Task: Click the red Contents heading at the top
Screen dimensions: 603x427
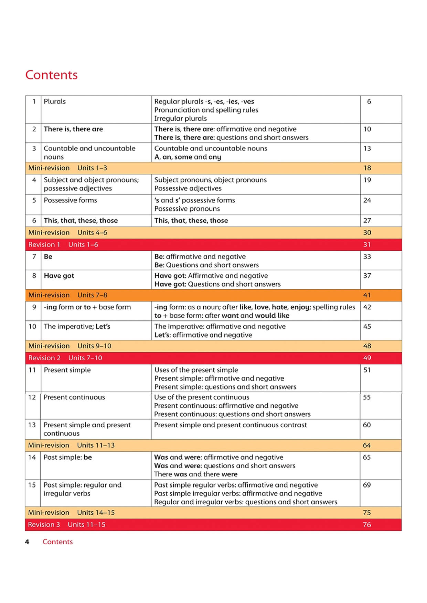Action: point(52,75)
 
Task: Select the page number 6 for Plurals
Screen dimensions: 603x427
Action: point(369,101)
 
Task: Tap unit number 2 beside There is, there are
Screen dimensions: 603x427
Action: point(34,129)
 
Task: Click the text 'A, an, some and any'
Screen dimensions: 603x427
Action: point(188,157)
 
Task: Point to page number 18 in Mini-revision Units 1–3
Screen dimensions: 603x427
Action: point(367,168)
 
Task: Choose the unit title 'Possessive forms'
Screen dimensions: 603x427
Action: point(70,200)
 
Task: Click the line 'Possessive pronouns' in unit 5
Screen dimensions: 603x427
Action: point(187,209)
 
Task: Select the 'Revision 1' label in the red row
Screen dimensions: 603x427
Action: point(44,244)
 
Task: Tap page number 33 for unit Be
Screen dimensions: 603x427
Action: point(367,256)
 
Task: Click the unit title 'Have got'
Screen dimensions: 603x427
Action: point(59,276)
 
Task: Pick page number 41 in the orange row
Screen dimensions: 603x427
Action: point(367,295)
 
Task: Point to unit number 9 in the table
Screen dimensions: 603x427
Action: point(34,307)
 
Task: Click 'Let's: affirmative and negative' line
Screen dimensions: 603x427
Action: point(203,335)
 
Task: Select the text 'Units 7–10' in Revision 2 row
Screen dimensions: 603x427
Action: point(85,358)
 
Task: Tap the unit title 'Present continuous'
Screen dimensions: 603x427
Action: point(74,397)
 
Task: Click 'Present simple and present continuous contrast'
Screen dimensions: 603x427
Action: point(230,425)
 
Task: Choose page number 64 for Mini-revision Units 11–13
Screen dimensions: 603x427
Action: point(367,445)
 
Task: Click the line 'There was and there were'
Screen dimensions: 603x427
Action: point(195,474)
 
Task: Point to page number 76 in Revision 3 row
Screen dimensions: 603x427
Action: point(367,525)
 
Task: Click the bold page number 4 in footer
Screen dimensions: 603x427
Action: point(27,542)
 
